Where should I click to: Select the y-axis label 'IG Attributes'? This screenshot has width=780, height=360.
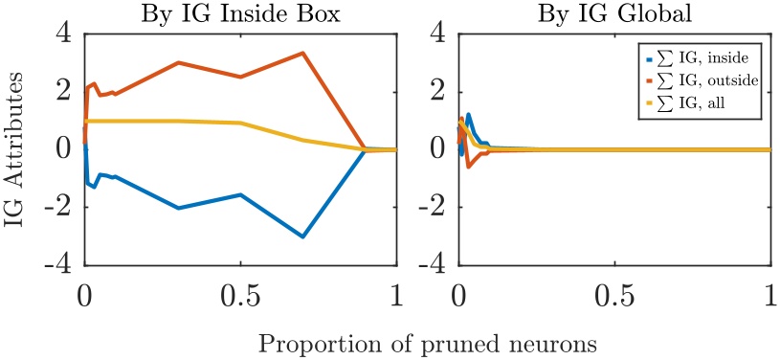point(18,148)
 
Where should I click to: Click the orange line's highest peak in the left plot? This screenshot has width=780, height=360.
point(302,53)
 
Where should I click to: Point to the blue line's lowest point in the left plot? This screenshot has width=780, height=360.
point(302,236)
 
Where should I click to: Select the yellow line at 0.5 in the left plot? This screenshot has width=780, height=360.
point(240,124)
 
